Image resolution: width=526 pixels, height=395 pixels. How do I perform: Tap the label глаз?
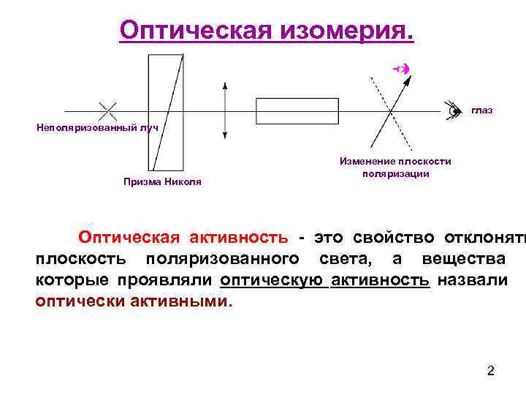482,110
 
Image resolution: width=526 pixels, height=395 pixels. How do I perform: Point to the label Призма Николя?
161,181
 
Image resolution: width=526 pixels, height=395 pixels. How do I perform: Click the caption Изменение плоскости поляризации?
395,168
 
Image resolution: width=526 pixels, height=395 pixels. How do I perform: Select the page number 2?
491,371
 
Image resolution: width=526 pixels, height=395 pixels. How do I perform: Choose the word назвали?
471,280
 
